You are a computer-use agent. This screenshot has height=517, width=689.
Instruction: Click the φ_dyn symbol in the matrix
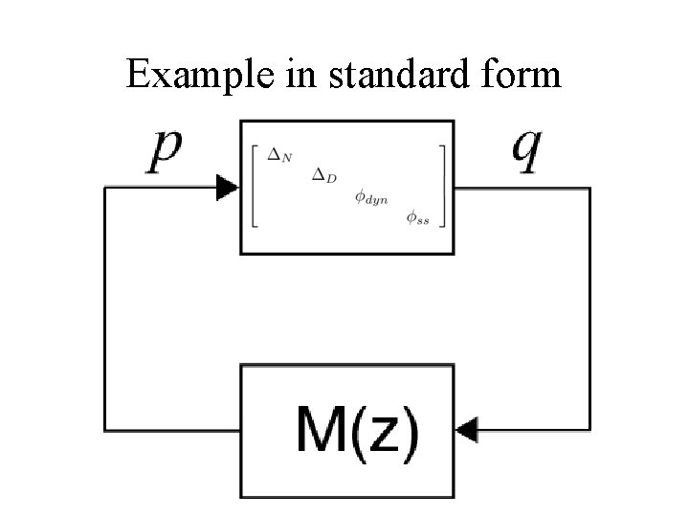pyautogui.click(x=367, y=197)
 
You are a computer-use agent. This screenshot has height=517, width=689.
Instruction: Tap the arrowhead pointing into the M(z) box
pyautogui.click(x=467, y=433)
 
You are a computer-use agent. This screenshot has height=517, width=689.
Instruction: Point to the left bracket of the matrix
pyautogui.click(x=255, y=187)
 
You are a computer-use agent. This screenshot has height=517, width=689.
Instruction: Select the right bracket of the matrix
pyautogui.click(x=441, y=187)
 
